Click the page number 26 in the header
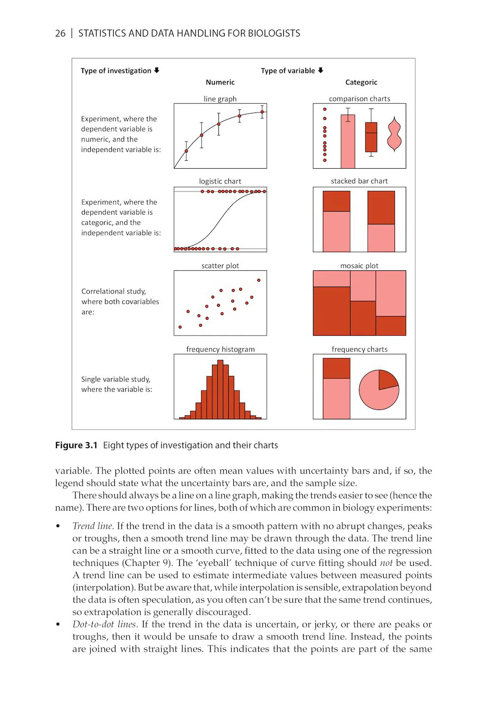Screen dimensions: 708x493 coord(60,34)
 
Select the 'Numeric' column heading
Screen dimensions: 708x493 coord(220,82)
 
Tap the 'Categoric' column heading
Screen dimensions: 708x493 coord(361,82)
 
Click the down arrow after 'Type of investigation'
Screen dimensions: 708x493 coord(157,71)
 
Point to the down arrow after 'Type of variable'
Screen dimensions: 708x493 coord(320,71)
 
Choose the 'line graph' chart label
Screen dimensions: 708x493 coord(220,99)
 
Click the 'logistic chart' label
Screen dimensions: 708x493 coord(220,181)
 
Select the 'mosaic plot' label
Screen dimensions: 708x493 coord(359,265)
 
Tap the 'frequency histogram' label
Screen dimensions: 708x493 coord(220,349)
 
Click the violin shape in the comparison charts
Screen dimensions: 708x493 coord(394,134)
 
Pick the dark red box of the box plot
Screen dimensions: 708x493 coord(371,137)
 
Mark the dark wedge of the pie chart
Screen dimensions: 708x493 coord(387,379)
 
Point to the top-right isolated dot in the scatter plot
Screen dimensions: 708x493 coord(259,280)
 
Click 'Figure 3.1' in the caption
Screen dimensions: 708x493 coord(76,445)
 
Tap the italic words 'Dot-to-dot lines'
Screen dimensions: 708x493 coord(104,624)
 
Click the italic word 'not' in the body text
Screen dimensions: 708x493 coord(386,563)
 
